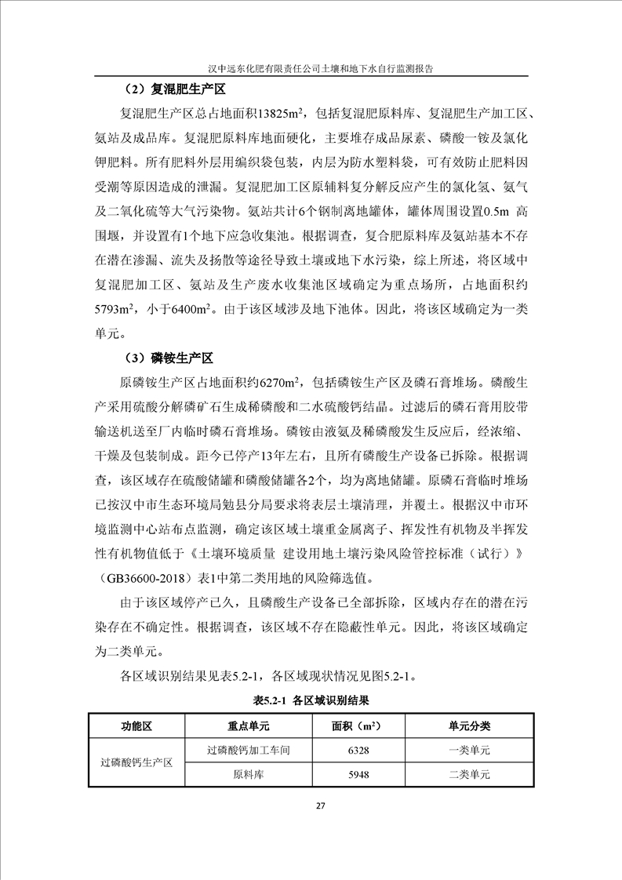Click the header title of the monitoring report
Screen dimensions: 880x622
pyautogui.click(x=311, y=69)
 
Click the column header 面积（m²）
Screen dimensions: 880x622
pyautogui.click(x=358, y=725)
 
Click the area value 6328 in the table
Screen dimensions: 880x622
pyautogui.click(x=358, y=750)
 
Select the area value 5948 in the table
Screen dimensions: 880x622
pyautogui.click(x=358, y=774)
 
